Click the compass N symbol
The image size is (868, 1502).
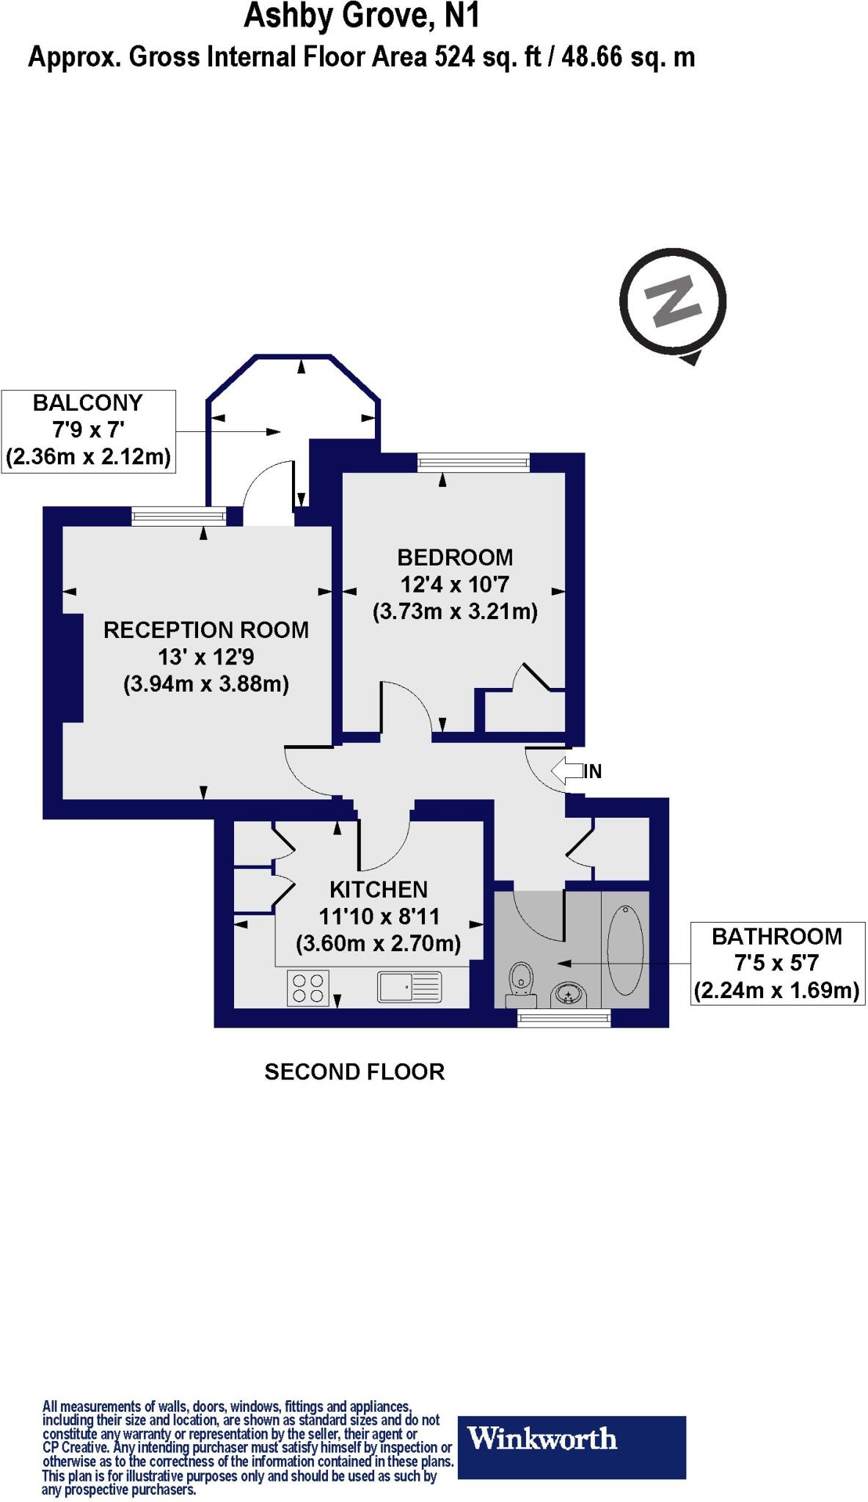[x=673, y=301]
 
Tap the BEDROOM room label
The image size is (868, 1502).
[x=455, y=557]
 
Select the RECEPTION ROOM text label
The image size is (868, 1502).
[x=206, y=630]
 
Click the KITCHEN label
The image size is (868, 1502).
[x=379, y=890]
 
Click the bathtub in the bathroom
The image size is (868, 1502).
[x=625, y=950]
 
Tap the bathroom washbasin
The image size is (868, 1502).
[x=569, y=994]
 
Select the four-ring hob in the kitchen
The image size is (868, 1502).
[x=308, y=987]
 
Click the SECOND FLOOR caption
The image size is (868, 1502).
[x=354, y=1072]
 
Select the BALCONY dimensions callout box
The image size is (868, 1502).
[x=89, y=431]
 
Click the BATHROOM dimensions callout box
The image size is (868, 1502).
[x=777, y=963]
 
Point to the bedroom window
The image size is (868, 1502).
[x=473, y=462]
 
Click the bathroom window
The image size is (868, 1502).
[x=564, y=1016]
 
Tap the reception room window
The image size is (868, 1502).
[x=179, y=517]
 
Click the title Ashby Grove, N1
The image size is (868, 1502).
[x=361, y=16]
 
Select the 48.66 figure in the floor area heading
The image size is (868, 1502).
[x=594, y=57]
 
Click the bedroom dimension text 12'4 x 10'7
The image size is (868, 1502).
[x=455, y=585]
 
